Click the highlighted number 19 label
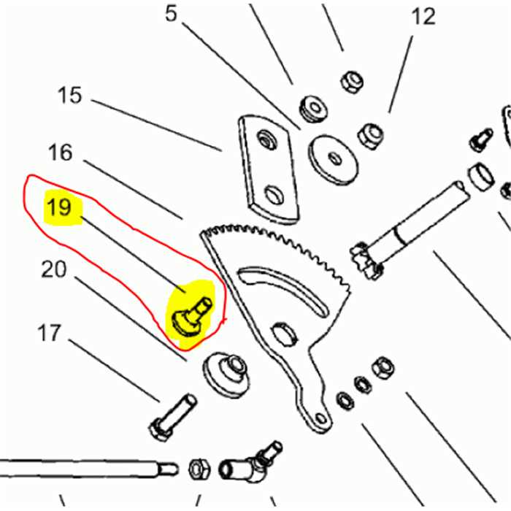(x=58, y=208)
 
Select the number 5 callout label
(x=171, y=13)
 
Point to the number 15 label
(x=70, y=96)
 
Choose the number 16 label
(x=61, y=152)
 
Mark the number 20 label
(x=53, y=269)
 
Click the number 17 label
(x=50, y=333)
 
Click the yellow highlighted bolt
(x=191, y=312)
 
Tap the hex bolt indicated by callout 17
(x=172, y=416)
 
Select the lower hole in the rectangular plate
(x=274, y=194)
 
